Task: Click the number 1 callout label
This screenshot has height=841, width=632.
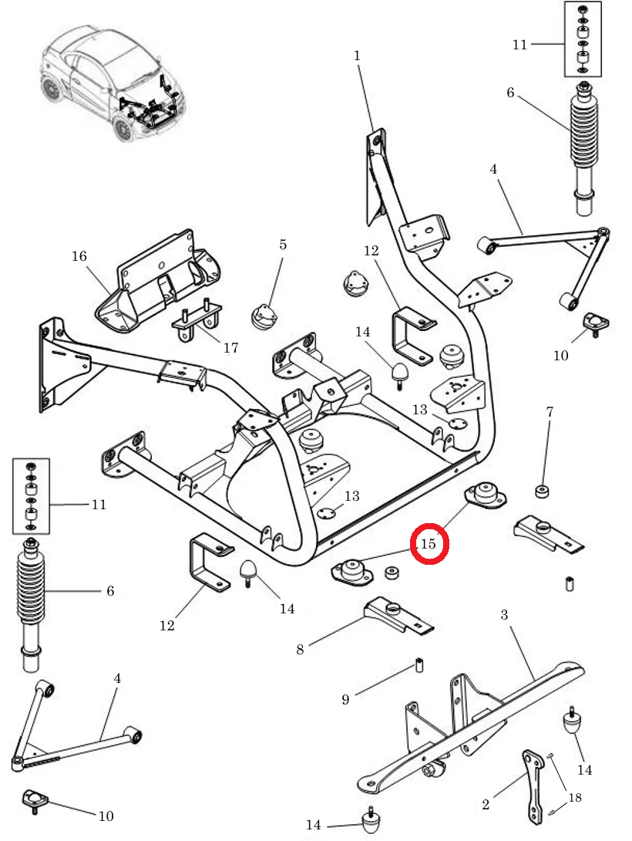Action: tap(357, 56)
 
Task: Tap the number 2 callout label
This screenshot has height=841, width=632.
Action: tap(486, 805)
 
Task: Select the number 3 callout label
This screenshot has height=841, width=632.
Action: tap(504, 615)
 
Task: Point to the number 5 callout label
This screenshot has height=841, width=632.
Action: tap(283, 245)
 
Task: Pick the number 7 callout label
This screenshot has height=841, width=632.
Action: tap(550, 412)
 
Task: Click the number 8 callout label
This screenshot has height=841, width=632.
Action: tap(301, 649)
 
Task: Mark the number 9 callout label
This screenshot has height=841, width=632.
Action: tap(345, 700)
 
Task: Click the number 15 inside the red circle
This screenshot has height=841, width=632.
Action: tap(428, 543)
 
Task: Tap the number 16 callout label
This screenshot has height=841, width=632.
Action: tap(79, 256)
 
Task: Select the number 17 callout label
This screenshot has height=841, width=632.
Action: tap(230, 348)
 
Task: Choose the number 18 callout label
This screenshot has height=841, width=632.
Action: tap(575, 798)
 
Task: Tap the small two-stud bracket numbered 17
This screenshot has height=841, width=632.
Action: tap(197, 323)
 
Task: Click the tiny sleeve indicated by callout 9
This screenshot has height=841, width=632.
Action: tap(419, 664)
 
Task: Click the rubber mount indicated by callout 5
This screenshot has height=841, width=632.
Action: tap(264, 316)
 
